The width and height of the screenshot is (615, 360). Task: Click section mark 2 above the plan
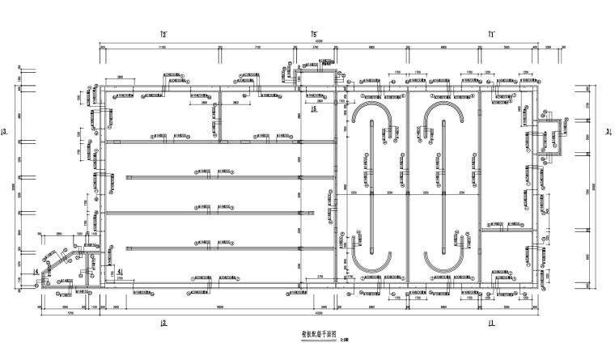click(x=163, y=34)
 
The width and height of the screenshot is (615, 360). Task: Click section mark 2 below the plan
click(x=163, y=323)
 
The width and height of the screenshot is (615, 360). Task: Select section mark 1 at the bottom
click(x=490, y=323)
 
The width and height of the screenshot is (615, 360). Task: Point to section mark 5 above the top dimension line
click(x=314, y=34)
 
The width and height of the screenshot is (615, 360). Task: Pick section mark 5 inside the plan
click(x=313, y=109)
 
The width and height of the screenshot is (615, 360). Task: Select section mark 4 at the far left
click(x=36, y=272)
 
